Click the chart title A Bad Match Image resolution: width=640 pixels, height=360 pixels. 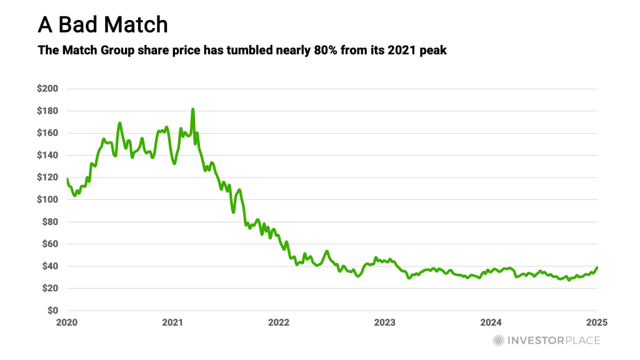(102, 24)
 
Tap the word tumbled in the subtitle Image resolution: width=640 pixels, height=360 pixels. (244, 50)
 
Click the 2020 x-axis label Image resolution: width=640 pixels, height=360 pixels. (66, 322)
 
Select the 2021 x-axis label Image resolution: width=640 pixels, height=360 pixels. (172, 322)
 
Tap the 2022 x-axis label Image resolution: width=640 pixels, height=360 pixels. (279, 322)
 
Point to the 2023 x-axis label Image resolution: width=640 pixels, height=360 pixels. (385, 322)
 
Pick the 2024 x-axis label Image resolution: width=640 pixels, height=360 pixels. (491, 322)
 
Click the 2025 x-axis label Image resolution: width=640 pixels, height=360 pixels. (597, 322)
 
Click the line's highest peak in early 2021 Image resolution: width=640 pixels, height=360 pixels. (192, 109)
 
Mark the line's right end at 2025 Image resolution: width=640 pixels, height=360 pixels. (597, 267)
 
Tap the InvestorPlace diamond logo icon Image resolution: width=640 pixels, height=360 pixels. (498, 340)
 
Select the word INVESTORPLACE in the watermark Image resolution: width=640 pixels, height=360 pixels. (553, 341)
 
